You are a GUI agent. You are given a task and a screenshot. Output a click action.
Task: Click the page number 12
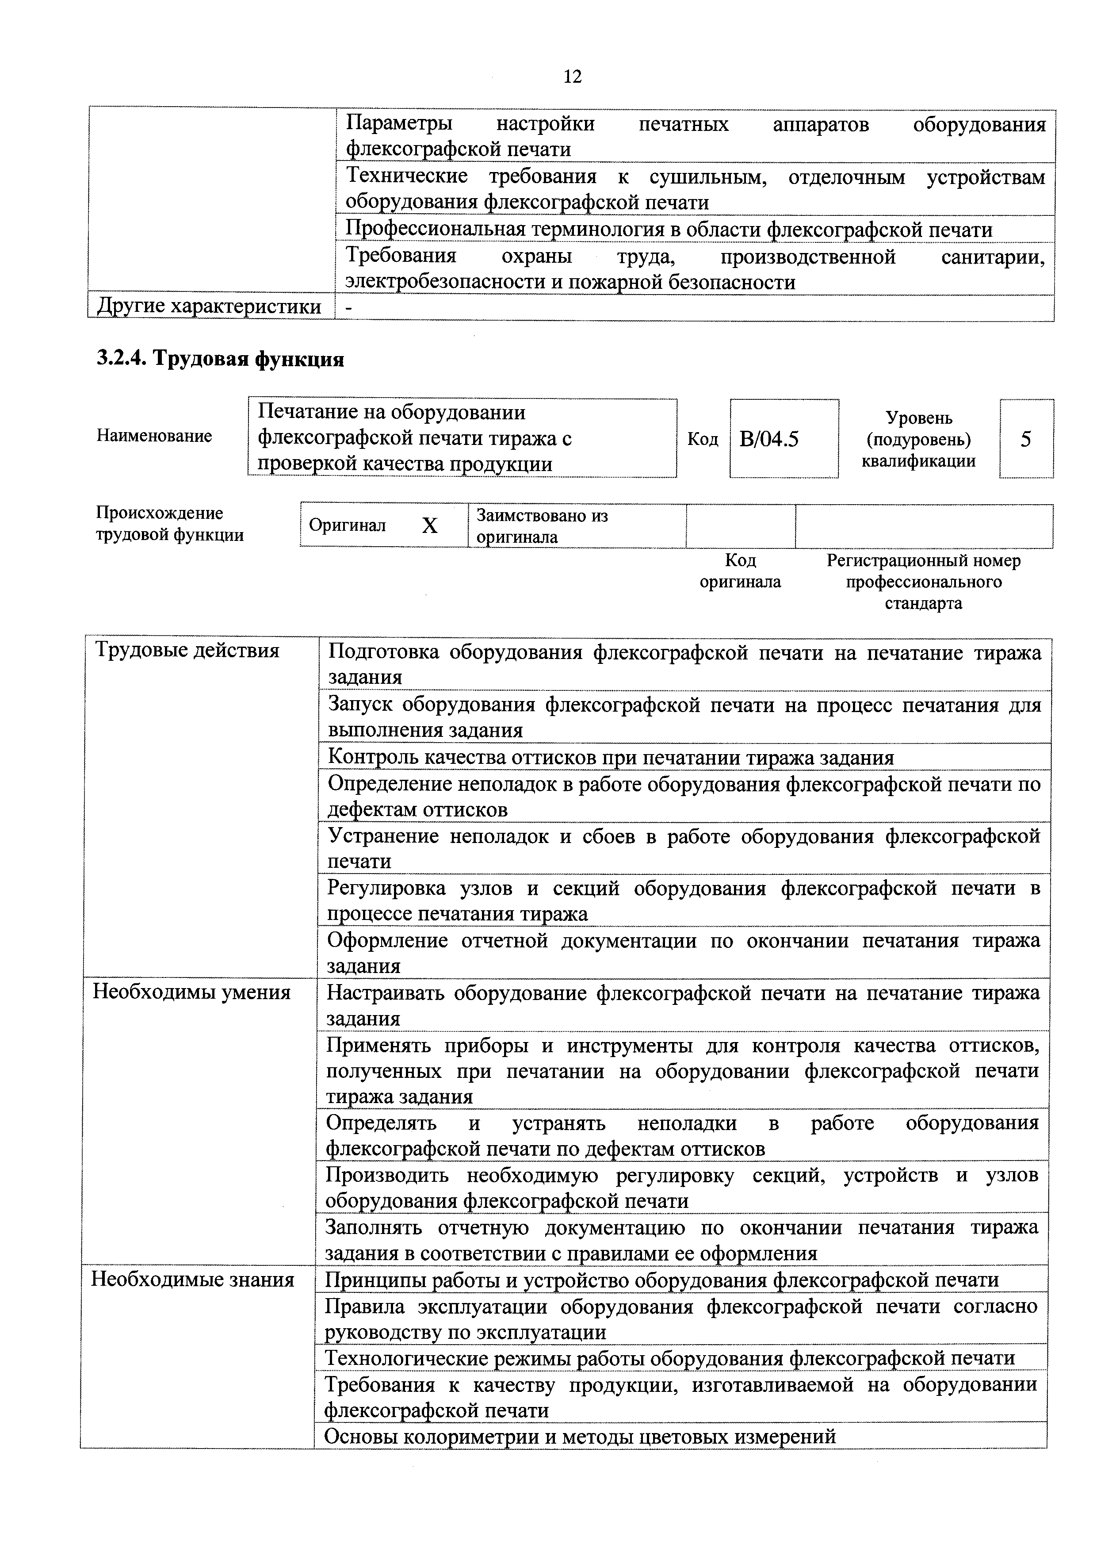click(572, 77)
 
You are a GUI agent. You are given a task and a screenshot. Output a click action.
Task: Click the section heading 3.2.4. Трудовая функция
click(220, 358)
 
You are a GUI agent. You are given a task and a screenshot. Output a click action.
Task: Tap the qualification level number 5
click(1025, 439)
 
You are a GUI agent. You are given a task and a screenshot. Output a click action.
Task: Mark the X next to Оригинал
click(429, 525)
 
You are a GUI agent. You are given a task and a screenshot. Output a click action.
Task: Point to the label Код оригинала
click(740, 571)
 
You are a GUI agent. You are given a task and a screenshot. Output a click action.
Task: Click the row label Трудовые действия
click(187, 650)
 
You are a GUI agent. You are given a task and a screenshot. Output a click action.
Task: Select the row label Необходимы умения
click(192, 993)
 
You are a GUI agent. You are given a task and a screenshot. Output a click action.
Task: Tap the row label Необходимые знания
click(193, 1279)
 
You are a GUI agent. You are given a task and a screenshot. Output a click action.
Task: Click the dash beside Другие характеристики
click(349, 307)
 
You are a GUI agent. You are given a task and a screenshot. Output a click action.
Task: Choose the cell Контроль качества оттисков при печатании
click(610, 757)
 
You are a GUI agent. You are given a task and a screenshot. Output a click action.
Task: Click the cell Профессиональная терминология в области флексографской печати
click(669, 230)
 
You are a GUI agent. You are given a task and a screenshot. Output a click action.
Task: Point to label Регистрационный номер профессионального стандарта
click(923, 581)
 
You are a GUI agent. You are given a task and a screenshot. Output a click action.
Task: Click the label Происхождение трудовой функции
click(170, 524)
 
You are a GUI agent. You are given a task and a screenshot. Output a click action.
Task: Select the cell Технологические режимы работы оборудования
click(669, 1357)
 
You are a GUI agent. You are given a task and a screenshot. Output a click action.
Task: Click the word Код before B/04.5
click(702, 439)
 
